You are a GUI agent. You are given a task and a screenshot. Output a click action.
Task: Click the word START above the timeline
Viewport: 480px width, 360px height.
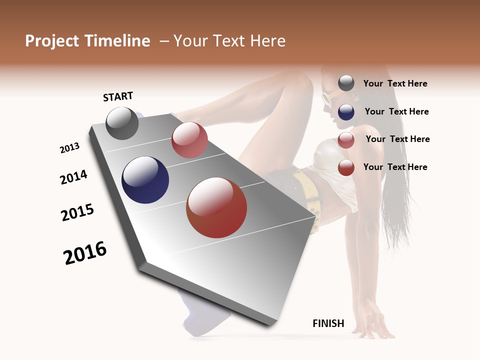118,96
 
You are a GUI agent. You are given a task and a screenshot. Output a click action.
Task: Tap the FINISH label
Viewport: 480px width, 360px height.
328,323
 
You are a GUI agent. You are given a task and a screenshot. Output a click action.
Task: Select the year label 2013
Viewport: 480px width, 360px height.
69,148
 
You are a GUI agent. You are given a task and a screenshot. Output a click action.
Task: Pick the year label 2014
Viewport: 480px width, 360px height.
73,177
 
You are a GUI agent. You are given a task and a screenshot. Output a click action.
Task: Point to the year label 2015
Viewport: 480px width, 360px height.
77,212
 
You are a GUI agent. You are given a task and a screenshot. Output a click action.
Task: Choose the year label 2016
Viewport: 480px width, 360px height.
85,252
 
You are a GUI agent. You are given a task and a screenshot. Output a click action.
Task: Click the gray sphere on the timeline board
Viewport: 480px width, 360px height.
122,123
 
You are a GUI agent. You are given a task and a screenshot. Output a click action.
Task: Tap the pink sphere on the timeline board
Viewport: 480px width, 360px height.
189,140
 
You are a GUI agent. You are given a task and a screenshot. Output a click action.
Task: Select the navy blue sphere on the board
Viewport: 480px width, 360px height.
145,180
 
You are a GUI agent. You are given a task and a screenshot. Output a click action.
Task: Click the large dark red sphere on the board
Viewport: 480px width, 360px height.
216,207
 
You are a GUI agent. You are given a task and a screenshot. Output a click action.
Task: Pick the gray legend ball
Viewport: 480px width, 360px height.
346,83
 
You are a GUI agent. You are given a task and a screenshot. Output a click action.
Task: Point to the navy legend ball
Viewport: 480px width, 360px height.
346,111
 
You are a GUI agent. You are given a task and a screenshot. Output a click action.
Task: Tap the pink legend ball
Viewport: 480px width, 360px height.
346,139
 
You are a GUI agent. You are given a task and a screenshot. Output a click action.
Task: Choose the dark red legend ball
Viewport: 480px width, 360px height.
346,167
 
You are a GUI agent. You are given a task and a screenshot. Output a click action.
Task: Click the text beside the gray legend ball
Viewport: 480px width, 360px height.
395,83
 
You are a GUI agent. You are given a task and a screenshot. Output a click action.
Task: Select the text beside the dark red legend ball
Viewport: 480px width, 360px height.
395,167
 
